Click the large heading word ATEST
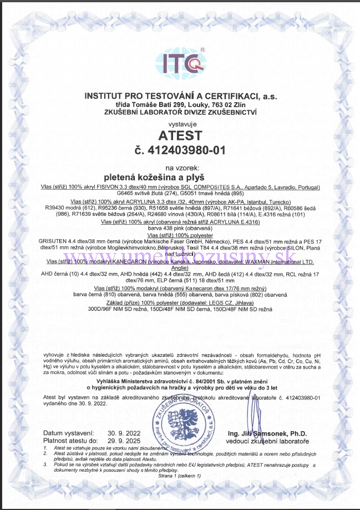tap(180, 135)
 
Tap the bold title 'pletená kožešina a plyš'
tap(180, 177)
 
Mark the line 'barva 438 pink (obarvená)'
tap(180, 228)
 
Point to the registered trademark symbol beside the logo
tap(203, 49)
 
